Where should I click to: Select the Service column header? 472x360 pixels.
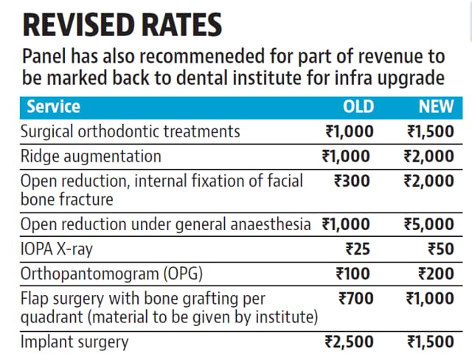pyautogui.click(x=54, y=107)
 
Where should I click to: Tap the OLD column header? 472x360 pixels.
pyautogui.click(x=358, y=107)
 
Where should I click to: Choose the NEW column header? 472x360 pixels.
pyautogui.click(x=436, y=107)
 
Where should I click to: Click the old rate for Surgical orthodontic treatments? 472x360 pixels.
pyautogui.click(x=350, y=132)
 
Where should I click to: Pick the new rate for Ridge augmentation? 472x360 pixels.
pyautogui.click(x=428, y=156)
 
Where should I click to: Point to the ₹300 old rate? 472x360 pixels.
pyautogui.click(x=352, y=181)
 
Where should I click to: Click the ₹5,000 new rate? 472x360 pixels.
pyautogui.click(x=428, y=224)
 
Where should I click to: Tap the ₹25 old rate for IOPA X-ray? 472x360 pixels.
pyautogui.click(x=358, y=249)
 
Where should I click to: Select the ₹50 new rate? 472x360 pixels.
pyautogui.click(x=441, y=249)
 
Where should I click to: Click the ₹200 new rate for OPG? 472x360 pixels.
pyautogui.click(x=436, y=274)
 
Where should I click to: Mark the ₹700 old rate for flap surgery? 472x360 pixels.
pyautogui.click(x=355, y=299)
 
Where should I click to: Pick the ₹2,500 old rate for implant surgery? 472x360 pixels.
pyautogui.click(x=349, y=342)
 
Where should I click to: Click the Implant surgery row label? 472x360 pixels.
pyautogui.click(x=74, y=342)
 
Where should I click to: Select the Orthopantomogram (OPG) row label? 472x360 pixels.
pyautogui.click(x=111, y=274)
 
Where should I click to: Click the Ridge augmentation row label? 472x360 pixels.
pyautogui.click(x=91, y=157)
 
